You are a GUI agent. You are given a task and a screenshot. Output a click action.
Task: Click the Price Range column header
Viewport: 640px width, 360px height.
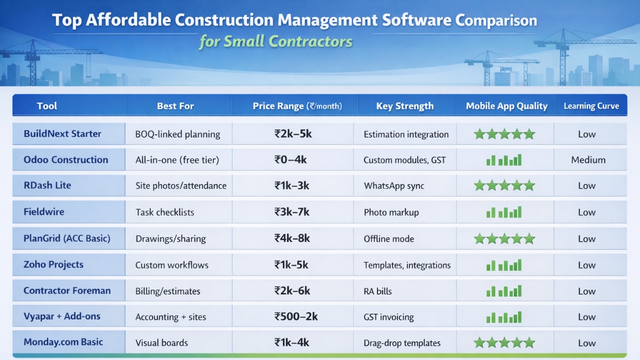(x=297, y=106)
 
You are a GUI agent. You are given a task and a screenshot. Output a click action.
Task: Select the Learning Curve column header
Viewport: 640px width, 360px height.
(x=591, y=106)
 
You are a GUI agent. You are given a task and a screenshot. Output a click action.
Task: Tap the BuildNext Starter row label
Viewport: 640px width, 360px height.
(x=62, y=134)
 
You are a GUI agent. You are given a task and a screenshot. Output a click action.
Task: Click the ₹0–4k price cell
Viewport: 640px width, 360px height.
(x=290, y=160)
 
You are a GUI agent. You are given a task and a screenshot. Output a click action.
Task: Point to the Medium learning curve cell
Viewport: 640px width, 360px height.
(x=588, y=160)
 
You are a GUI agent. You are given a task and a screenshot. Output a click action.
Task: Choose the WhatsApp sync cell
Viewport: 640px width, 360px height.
(x=394, y=186)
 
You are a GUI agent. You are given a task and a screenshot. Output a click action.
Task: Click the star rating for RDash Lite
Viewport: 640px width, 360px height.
(x=504, y=186)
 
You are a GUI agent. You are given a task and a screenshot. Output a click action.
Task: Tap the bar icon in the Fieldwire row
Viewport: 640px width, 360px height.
(x=504, y=212)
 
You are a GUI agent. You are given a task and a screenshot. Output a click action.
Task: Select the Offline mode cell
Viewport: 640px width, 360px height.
(x=389, y=239)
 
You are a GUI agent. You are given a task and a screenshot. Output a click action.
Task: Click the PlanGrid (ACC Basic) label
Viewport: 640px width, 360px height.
(x=67, y=238)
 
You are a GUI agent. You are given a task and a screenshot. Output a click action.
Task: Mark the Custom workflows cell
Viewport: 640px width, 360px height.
(x=172, y=265)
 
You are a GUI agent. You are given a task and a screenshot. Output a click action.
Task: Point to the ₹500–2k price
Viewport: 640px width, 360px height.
(x=296, y=316)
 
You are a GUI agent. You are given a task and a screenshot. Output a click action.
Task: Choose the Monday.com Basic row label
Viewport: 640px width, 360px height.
(x=63, y=342)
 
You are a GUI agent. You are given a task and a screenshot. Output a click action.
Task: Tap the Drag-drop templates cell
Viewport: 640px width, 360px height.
(x=402, y=343)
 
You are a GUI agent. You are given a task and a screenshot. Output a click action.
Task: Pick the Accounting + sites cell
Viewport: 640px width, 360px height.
(x=170, y=317)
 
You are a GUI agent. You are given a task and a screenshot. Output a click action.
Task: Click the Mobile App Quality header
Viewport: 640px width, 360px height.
(x=506, y=106)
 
